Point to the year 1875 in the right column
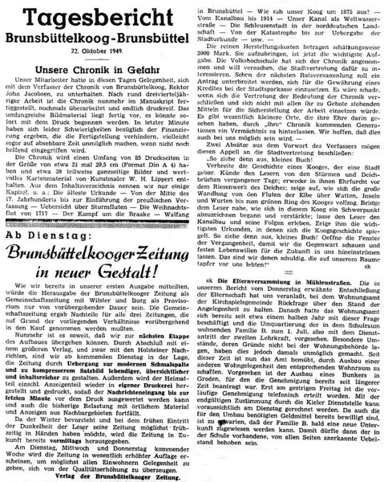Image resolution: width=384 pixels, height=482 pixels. pos(333,7)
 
